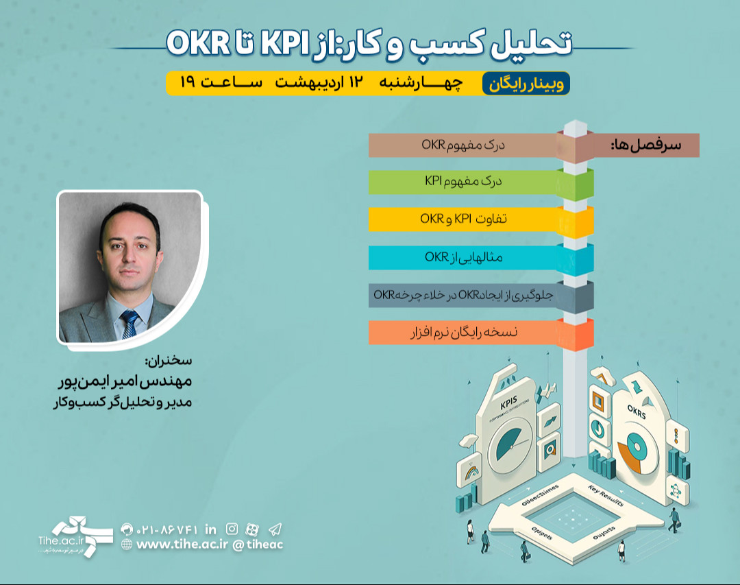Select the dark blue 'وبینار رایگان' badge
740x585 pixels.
coord(526,83)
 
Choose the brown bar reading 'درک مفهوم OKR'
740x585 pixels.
coord(463,145)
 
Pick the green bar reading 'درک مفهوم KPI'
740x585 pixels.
coord(463,182)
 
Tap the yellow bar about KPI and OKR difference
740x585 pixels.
coord(463,219)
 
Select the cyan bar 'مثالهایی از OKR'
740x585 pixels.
coord(463,257)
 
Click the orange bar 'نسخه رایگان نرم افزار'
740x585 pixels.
coord(463,332)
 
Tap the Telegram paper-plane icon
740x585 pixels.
coord(275,529)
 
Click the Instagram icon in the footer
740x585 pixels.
coord(232,529)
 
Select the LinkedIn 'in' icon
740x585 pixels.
coord(210,529)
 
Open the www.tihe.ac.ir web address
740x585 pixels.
coord(182,544)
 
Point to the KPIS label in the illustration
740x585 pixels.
coord(508,406)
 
